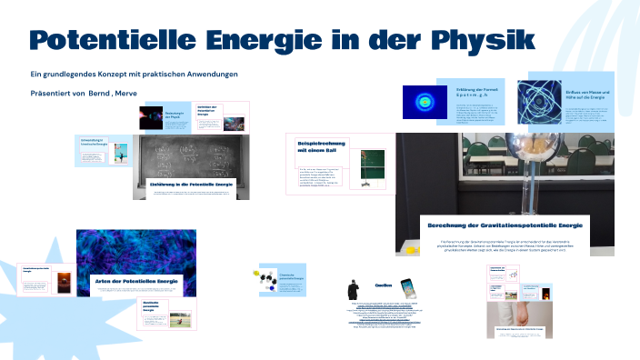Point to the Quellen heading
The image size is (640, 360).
pos(383,284)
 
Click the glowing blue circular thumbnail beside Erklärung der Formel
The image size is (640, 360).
pos(425,102)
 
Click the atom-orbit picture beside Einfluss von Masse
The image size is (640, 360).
pos(541,102)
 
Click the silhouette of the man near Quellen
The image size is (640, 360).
pos(354,289)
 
